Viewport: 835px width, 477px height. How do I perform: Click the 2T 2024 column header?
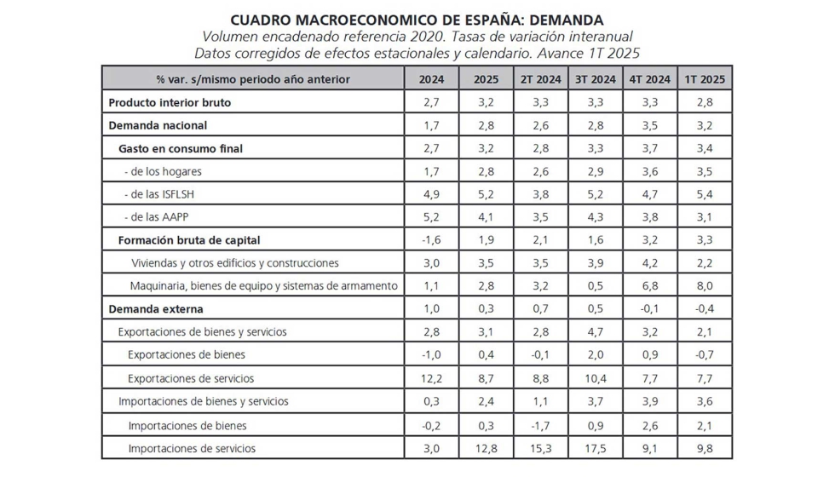(x=540, y=79)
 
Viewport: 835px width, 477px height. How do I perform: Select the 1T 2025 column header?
(x=704, y=79)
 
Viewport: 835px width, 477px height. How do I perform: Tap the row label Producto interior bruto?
(x=170, y=102)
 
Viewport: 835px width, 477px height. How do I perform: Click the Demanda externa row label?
(x=156, y=309)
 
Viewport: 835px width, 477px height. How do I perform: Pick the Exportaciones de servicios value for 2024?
(x=430, y=378)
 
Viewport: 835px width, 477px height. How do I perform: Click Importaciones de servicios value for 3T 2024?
(x=595, y=448)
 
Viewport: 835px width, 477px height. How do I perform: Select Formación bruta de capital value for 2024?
(x=430, y=240)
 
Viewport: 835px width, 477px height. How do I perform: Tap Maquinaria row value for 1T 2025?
(x=704, y=286)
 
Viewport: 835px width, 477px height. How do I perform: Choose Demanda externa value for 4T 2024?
(x=649, y=309)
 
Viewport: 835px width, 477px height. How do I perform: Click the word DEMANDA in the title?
(x=561, y=20)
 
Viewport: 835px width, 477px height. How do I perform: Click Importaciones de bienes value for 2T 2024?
(x=540, y=425)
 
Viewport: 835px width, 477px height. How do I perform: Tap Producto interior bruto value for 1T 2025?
(x=704, y=102)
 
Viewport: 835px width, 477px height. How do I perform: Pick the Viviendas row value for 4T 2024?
(x=649, y=263)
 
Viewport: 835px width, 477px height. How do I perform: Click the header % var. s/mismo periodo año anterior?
(x=252, y=79)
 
